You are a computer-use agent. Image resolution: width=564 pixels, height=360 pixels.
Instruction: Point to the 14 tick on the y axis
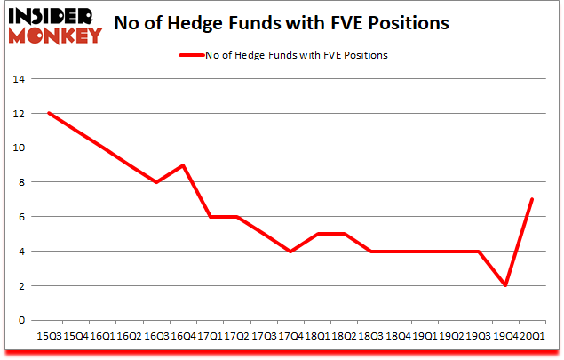pos(18,78)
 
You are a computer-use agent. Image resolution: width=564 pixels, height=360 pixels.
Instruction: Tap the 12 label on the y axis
pos(18,113)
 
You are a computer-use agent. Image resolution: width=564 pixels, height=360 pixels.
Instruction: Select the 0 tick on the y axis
pos(21,321)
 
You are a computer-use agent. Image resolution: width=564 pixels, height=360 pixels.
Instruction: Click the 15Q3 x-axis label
pos(48,336)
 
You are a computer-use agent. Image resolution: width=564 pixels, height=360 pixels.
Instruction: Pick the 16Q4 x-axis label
pos(182,336)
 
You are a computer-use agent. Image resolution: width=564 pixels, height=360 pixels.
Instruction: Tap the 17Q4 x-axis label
pos(290,336)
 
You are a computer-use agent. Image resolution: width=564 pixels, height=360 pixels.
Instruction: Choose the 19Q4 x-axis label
pos(505,336)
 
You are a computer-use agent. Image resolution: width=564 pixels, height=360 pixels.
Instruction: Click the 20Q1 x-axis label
pos(533,336)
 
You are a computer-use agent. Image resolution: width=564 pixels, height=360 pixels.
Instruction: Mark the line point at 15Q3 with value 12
pos(48,113)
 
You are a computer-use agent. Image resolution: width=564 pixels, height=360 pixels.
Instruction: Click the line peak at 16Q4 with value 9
pos(182,165)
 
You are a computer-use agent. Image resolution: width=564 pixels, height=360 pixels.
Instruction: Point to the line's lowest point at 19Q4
pos(505,286)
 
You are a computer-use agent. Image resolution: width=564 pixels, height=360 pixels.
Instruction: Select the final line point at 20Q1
pos(532,200)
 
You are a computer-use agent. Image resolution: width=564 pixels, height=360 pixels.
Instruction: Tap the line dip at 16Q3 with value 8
pos(155,182)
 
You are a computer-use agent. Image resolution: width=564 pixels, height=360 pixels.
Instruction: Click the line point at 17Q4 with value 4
pos(290,252)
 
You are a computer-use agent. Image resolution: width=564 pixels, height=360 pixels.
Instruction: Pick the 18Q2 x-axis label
pos(344,336)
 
